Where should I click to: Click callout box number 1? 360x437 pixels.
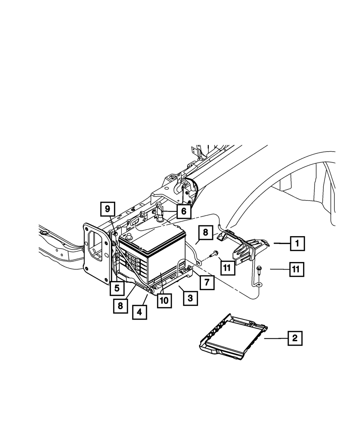[297, 243]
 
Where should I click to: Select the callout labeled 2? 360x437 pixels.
[295, 338]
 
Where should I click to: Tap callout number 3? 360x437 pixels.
[190, 298]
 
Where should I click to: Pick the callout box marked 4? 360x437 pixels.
[139, 312]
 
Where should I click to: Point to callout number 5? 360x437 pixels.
[117, 288]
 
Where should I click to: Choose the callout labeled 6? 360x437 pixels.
[184, 211]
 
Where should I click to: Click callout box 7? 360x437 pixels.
[207, 282]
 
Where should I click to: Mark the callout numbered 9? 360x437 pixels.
[107, 209]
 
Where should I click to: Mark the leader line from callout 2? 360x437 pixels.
[276, 338]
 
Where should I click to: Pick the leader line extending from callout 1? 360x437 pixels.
[281, 244]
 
